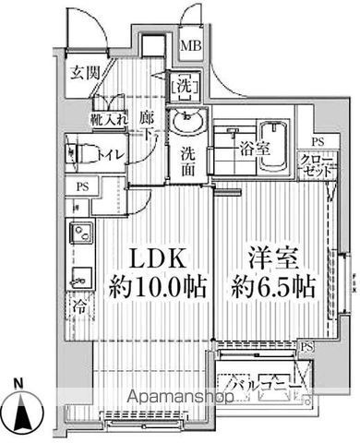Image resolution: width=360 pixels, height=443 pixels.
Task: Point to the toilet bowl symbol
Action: click(78, 150)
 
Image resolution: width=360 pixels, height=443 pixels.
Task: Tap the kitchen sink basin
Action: click(79, 272)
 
